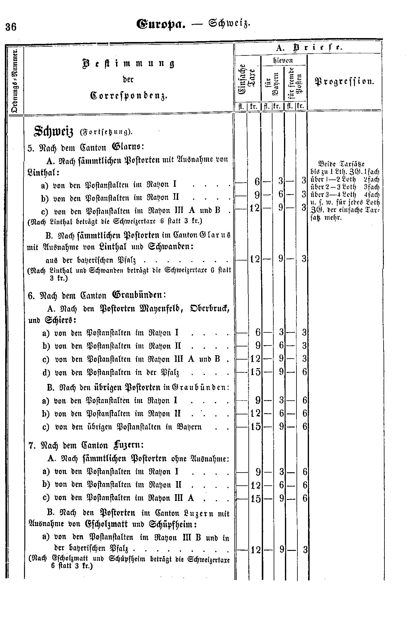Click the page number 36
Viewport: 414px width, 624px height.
tap(11, 27)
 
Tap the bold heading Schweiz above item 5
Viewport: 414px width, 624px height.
tap(54, 131)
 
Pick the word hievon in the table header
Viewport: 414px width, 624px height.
tap(283, 60)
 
